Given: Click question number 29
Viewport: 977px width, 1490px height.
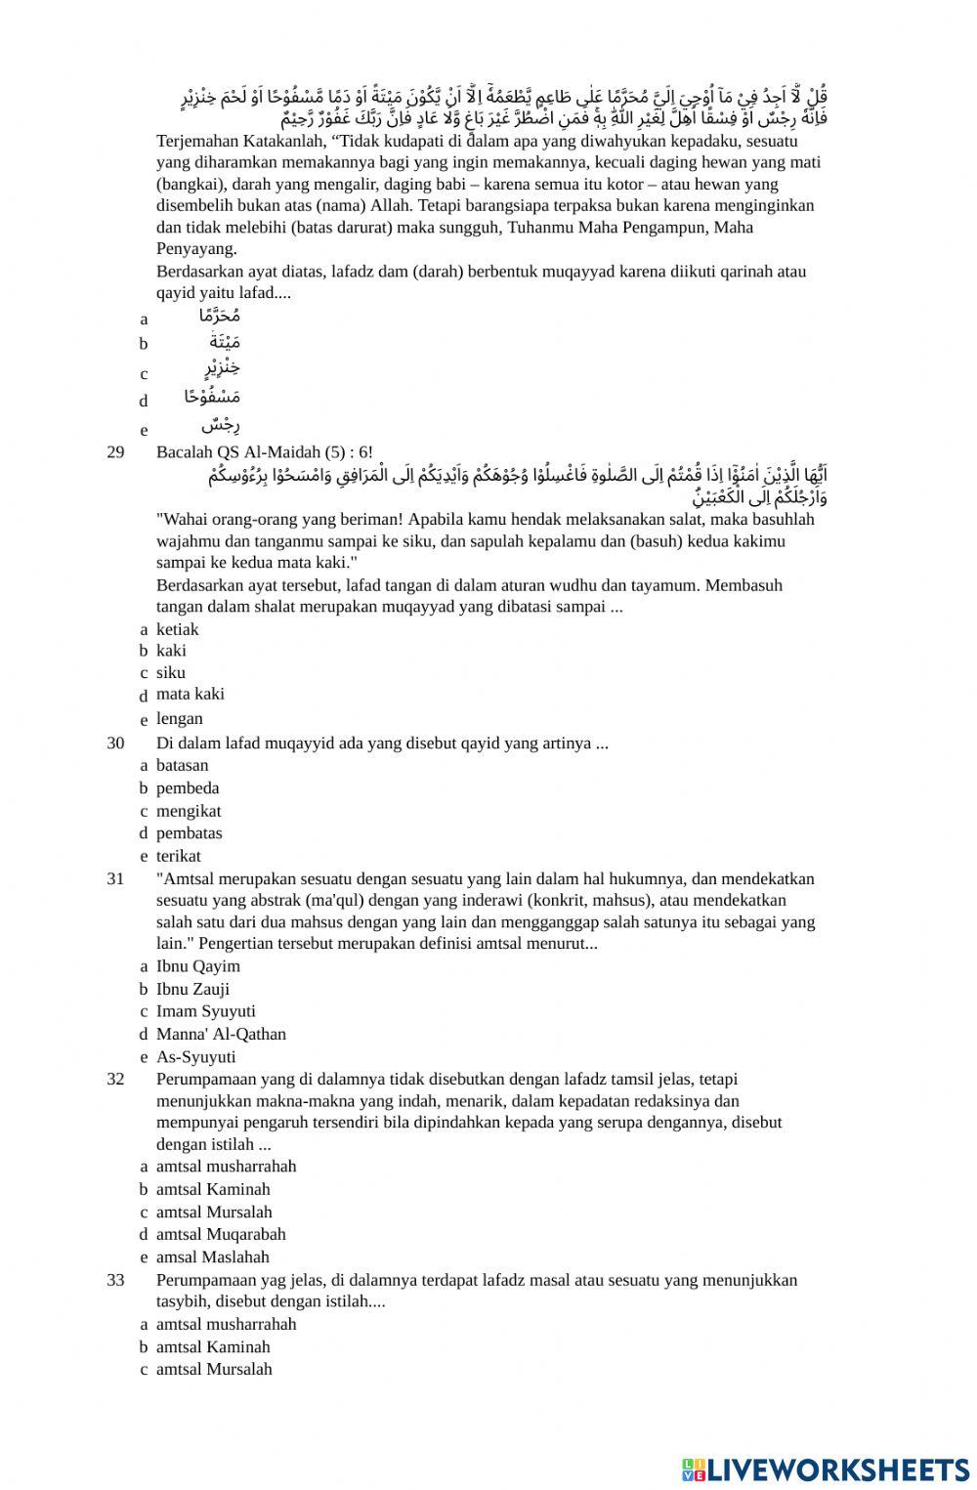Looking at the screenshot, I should [115, 451].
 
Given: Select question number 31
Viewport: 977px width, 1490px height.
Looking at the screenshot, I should [115, 878].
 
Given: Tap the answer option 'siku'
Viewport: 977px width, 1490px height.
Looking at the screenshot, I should [170, 672].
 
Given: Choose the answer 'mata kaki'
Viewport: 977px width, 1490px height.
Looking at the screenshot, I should [190, 694].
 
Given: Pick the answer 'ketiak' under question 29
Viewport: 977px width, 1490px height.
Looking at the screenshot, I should [177, 629].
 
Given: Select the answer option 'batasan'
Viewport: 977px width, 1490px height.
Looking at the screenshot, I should [182, 765].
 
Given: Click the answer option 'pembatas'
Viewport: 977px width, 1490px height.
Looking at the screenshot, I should [189, 833].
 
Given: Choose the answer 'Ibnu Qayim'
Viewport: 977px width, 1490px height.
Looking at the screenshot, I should [197, 966].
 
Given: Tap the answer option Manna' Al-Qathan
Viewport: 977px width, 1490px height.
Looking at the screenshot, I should [221, 1034].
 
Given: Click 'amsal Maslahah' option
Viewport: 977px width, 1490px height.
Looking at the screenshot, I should [212, 1257].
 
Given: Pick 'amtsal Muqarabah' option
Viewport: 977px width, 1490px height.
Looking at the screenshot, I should [221, 1234].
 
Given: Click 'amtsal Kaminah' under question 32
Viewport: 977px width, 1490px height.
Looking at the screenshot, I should [213, 1189].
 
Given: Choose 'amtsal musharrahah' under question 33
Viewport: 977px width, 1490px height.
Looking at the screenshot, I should [226, 1324].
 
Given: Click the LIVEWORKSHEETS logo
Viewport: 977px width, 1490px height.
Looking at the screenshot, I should [825, 1469].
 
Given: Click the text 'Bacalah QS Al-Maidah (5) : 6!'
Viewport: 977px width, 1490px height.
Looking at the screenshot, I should [264, 451].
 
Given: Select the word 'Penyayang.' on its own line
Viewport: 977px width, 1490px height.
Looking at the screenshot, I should [196, 248].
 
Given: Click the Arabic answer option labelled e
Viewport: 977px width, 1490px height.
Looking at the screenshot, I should [220, 426].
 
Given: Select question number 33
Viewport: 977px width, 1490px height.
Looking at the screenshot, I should [115, 1280].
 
